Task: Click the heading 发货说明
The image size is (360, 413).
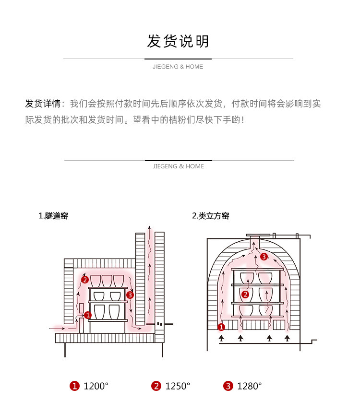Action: (178, 41)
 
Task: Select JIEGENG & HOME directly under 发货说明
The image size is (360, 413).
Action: (178, 67)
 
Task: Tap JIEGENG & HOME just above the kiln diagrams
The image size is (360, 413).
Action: (178, 166)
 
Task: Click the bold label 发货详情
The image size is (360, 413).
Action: (42, 104)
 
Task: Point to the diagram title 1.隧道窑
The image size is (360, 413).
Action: (53, 216)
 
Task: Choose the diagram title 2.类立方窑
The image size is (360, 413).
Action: (211, 216)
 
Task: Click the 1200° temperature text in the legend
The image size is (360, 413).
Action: (96, 386)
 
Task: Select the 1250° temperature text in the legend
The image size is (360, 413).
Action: (178, 386)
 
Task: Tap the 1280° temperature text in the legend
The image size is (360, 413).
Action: (250, 386)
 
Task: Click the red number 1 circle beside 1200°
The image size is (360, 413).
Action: (74, 386)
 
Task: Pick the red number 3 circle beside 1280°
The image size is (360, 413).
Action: (228, 386)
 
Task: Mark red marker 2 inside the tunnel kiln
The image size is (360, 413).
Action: (84, 280)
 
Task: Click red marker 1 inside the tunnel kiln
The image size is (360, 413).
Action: (88, 315)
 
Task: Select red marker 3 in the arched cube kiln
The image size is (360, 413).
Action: (264, 257)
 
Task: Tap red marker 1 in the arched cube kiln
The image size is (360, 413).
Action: (221, 327)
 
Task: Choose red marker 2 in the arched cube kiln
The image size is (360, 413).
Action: (245, 295)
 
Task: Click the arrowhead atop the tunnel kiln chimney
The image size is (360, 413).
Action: (150, 227)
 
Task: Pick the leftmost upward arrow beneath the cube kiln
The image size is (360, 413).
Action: (221, 338)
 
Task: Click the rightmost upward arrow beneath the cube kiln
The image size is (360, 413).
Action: (287, 338)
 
